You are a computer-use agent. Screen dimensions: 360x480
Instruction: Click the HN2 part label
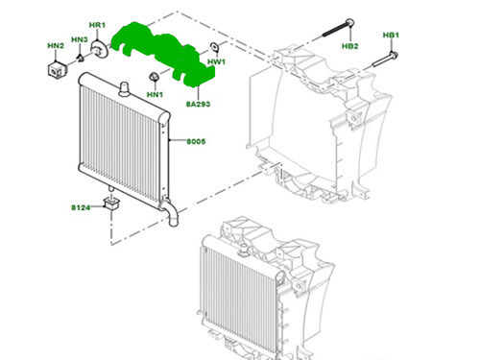[56, 45]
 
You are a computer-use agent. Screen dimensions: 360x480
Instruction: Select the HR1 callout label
[98, 24]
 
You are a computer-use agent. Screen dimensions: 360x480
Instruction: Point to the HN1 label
[155, 94]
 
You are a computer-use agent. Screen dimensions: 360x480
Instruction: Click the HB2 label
[350, 46]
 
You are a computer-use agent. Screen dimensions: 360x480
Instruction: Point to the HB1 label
[391, 36]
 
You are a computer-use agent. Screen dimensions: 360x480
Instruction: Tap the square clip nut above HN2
[58, 69]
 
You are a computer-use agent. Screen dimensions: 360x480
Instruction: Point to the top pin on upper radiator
[124, 88]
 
